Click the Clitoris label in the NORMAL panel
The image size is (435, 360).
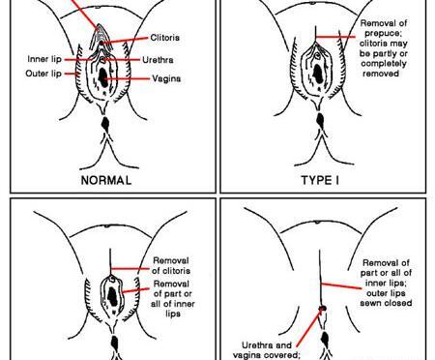coord(164,38)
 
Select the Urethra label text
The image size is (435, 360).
coord(158,60)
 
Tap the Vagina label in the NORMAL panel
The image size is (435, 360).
coord(166,78)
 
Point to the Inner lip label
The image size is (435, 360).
coord(44,59)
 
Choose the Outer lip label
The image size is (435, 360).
coord(43,74)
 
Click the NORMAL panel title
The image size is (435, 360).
coord(106,180)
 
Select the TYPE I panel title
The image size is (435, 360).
coord(320,180)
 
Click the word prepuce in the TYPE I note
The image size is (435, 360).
coord(382,33)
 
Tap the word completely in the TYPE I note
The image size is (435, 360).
coord(384,63)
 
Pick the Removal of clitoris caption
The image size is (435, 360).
coord(171,265)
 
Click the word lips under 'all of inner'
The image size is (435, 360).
coord(173,314)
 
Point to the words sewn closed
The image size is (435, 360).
coord(386,303)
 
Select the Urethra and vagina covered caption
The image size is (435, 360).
coord(267,350)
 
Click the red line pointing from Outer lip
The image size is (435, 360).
coord(72,74)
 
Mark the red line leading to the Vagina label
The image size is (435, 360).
coord(127,78)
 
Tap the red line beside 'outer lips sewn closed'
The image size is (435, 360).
coord(341,285)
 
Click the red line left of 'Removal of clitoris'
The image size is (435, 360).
coord(130,268)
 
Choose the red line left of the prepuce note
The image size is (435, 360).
coord(335,37)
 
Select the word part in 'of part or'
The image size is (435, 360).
coord(174,294)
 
